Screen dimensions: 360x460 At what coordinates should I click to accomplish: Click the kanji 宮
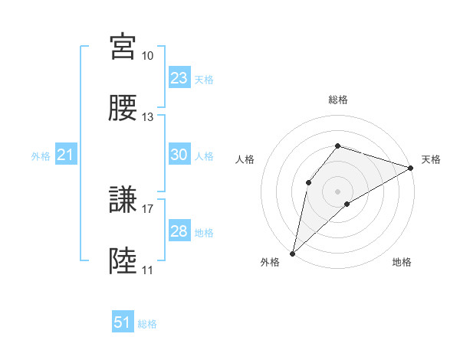pyautogui.click(x=123, y=47)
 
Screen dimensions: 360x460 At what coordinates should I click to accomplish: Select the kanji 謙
pyautogui.click(x=123, y=200)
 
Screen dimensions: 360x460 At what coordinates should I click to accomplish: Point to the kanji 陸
pyautogui.click(x=123, y=261)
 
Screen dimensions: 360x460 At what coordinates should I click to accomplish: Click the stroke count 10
pyautogui.click(x=147, y=56)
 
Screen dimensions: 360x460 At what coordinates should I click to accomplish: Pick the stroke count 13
pyautogui.click(x=147, y=117)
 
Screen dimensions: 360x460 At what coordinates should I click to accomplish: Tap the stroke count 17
pyautogui.click(x=147, y=208)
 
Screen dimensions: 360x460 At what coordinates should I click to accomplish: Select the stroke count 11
pyautogui.click(x=147, y=270)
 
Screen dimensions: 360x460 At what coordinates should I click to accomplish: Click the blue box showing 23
pyautogui.click(x=179, y=78)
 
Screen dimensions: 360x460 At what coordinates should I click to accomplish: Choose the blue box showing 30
pyautogui.click(x=179, y=155)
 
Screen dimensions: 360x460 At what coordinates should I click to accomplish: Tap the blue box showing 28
pyautogui.click(x=179, y=231)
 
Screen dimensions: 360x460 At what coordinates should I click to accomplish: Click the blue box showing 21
pyautogui.click(x=66, y=155)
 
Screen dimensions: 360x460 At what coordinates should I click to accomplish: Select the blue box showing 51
pyautogui.click(x=123, y=322)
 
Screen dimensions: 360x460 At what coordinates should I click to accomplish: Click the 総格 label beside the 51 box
pyautogui.click(x=147, y=324)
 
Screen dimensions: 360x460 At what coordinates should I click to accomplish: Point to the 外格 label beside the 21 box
pyautogui.click(x=41, y=156)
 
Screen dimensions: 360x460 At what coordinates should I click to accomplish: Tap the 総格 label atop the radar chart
pyautogui.click(x=337, y=100)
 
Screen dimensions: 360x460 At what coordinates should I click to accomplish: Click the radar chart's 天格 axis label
pyautogui.click(x=431, y=159)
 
